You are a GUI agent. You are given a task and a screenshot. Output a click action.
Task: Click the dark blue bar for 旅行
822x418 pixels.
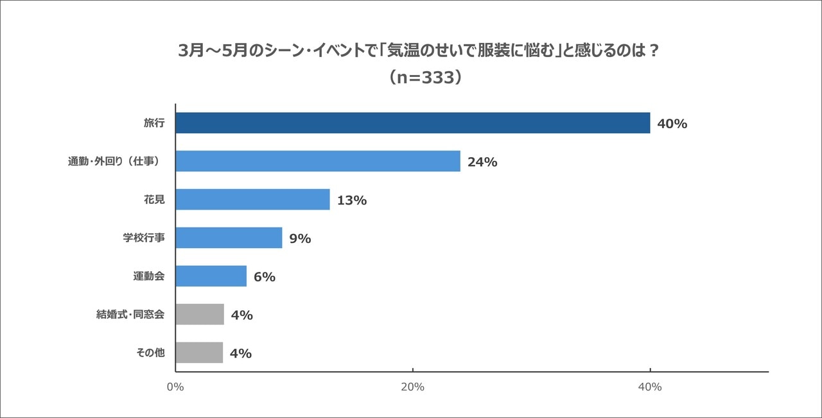click(x=412, y=123)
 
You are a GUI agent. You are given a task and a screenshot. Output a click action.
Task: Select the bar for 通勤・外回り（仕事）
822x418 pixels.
click(x=318, y=162)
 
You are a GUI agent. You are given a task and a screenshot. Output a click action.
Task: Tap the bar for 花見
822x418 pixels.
click(x=252, y=199)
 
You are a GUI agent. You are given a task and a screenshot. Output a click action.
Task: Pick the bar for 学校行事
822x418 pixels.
click(x=229, y=238)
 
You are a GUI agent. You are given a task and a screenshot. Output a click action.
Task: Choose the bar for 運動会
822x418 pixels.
click(x=211, y=276)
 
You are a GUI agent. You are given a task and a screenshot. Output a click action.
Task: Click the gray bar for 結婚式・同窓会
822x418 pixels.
click(x=200, y=315)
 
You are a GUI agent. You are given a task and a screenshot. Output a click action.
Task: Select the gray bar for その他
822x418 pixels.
click(x=199, y=353)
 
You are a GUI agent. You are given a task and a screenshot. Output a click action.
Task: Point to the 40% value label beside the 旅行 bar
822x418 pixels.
click(x=672, y=124)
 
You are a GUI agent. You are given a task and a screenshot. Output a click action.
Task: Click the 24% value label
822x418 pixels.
click(x=482, y=162)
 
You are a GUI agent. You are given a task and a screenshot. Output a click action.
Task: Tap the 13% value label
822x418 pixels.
click(x=351, y=200)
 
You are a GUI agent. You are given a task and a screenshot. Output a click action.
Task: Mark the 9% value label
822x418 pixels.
click(x=300, y=238)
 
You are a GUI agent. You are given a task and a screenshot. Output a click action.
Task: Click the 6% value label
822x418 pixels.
click(x=264, y=277)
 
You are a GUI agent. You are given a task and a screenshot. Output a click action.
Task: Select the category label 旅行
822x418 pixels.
click(x=154, y=123)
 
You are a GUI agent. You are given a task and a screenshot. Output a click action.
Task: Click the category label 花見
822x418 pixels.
click(x=154, y=199)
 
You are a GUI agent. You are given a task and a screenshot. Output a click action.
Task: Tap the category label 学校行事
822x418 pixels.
click(x=144, y=238)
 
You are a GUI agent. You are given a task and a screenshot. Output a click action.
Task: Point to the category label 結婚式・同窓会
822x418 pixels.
click(x=130, y=315)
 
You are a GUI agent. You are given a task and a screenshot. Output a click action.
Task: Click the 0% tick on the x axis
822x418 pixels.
click(x=175, y=387)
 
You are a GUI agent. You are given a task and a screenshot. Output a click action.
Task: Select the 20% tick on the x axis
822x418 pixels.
click(x=412, y=387)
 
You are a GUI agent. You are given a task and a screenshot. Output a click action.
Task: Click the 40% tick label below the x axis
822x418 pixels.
click(x=650, y=387)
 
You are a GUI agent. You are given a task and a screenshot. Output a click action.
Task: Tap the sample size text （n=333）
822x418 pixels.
click(x=424, y=78)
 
